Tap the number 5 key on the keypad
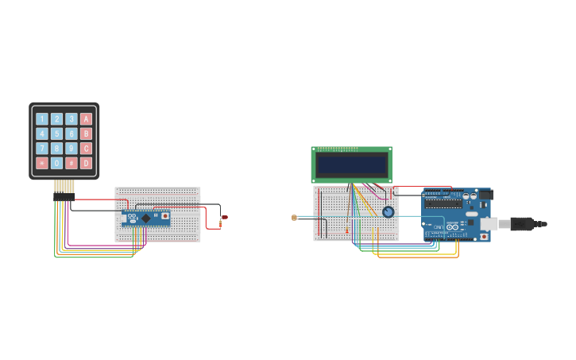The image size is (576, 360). [x=56, y=134]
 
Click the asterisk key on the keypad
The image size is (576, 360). [x=42, y=163]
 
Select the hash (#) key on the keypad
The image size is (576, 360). [x=72, y=163]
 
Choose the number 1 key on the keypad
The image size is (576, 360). [x=42, y=119]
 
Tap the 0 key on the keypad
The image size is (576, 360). [x=56, y=163]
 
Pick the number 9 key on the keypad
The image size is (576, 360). [x=72, y=149]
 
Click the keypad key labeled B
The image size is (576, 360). [x=86, y=134]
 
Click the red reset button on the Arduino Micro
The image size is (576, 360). [x=164, y=215]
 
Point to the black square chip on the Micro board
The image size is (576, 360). [x=145, y=218]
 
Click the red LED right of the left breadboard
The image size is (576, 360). [x=224, y=217]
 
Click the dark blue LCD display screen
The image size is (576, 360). [x=351, y=165]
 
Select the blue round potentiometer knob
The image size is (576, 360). [x=388, y=212]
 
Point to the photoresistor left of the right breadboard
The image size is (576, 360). [x=294, y=217]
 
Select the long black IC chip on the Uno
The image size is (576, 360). [x=443, y=203]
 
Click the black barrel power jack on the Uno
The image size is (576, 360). [x=485, y=195]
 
